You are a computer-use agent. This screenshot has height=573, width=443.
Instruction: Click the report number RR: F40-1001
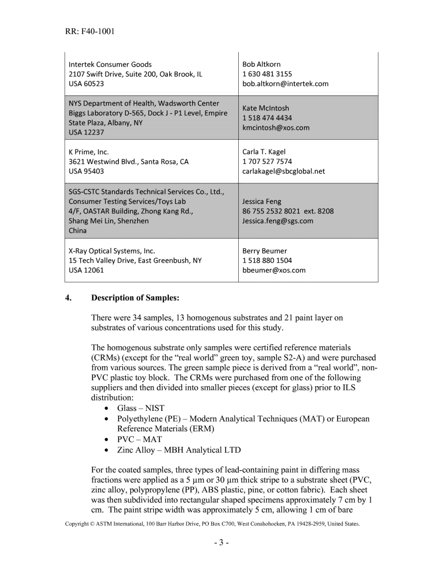pyautogui.click(x=90, y=32)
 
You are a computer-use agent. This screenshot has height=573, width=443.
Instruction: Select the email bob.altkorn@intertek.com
pyautogui.click(x=285, y=84)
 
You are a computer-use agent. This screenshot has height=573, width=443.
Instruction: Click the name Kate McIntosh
pyautogui.click(x=265, y=108)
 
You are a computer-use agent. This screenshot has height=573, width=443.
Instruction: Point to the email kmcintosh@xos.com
pyautogui.click(x=276, y=128)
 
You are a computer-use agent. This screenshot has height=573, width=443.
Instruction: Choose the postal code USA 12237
pyautogui.click(x=86, y=132)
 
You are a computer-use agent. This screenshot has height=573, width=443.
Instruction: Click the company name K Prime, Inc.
pyautogui.click(x=89, y=152)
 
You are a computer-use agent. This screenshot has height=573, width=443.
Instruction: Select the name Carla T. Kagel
pyautogui.click(x=264, y=152)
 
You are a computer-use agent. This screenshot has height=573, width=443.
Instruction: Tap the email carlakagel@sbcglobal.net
pyautogui.click(x=284, y=171)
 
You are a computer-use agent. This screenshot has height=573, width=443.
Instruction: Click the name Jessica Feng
pyautogui.click(x=262, y=202)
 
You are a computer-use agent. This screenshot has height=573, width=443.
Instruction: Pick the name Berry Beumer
pyautogui.click(x=264, y=251)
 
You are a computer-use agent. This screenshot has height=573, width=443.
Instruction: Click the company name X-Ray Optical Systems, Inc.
pyautogui.click(x=112, y=251)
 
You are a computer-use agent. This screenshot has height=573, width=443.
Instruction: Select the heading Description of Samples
pyautogui.click(x=135, y=298)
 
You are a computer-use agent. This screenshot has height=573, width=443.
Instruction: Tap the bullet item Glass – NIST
pyautogui.click(x=140, y=408)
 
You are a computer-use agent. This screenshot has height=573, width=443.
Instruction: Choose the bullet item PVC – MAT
pyautogui.click(x=139, y=439)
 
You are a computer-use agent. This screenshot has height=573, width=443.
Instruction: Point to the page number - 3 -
pyautogui.click(x=221, y=543)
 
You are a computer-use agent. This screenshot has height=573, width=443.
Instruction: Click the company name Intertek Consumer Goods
pyautogui.click(x=110, y=64)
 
